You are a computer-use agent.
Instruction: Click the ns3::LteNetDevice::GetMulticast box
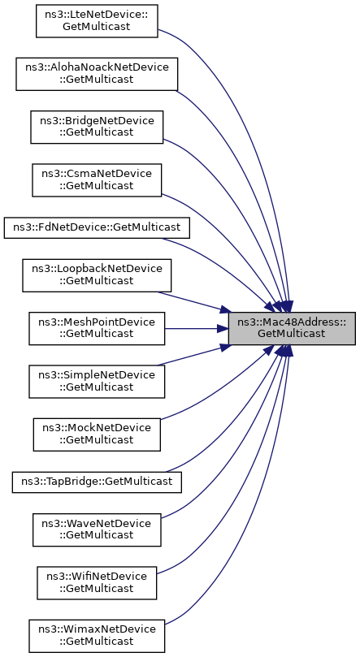click(97, 21)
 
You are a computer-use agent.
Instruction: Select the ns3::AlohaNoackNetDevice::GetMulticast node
click(97, 74)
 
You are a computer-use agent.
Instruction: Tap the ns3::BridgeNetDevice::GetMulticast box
click(97, 127)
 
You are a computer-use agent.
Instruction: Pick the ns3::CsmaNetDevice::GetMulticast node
click(97, 180)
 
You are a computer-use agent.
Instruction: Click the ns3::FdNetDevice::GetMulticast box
click(97, 228)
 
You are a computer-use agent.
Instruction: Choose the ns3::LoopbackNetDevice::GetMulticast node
click(97, 275)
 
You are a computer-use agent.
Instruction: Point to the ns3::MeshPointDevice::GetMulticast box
click(97, 328)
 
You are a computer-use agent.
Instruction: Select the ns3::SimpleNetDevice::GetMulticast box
click(97, 382)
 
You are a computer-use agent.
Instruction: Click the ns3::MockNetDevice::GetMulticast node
click(97, 434)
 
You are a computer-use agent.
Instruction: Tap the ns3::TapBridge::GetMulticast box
click(97, 482)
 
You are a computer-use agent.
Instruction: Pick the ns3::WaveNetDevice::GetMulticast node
click(97, 529)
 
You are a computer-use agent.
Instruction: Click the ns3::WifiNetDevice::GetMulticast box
click(97, 583)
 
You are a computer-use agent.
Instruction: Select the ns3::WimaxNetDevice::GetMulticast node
click(97, 636)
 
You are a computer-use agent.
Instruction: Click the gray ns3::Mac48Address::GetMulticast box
click(292, 328)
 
